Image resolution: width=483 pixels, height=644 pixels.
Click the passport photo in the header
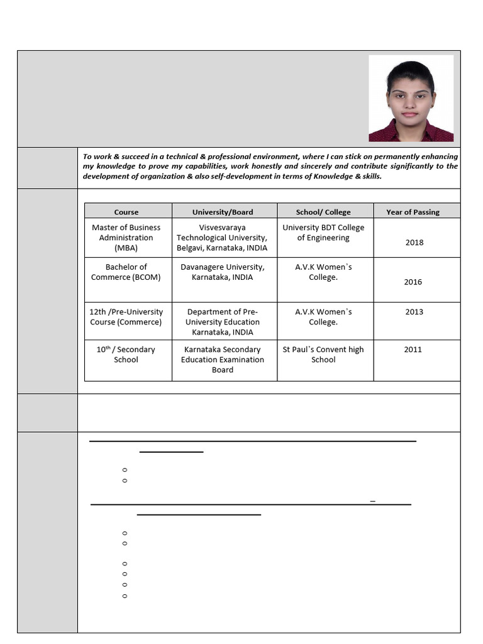[411, 98]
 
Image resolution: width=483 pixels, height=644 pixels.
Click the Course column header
[126, 212]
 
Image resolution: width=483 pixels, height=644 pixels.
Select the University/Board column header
[223, 212]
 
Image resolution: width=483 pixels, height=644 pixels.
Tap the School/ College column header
[323, 212]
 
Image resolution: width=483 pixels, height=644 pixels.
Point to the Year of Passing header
[413, 212]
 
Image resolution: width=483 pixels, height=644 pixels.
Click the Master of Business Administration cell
[126, 238]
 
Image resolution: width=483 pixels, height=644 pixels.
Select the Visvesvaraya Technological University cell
[222, 238]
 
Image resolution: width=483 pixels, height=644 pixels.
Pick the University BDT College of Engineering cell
[323, 233]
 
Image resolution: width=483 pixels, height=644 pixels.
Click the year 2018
[414, 243]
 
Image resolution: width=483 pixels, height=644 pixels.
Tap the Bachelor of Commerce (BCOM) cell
[126, 272]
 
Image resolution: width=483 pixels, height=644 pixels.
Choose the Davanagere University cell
[222, 272]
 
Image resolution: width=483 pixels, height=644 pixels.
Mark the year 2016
[413, 282]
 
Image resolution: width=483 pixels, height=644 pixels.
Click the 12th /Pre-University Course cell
[126, 317]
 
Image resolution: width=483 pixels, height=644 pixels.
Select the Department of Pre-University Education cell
[223, 322]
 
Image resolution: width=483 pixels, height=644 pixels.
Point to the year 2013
[414, 312]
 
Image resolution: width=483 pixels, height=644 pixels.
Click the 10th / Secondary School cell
[126, 355]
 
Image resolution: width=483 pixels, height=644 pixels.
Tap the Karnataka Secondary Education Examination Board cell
[223, 360]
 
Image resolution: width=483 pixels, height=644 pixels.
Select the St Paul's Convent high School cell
[323, 355]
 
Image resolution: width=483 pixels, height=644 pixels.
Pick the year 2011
[413, 350]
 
